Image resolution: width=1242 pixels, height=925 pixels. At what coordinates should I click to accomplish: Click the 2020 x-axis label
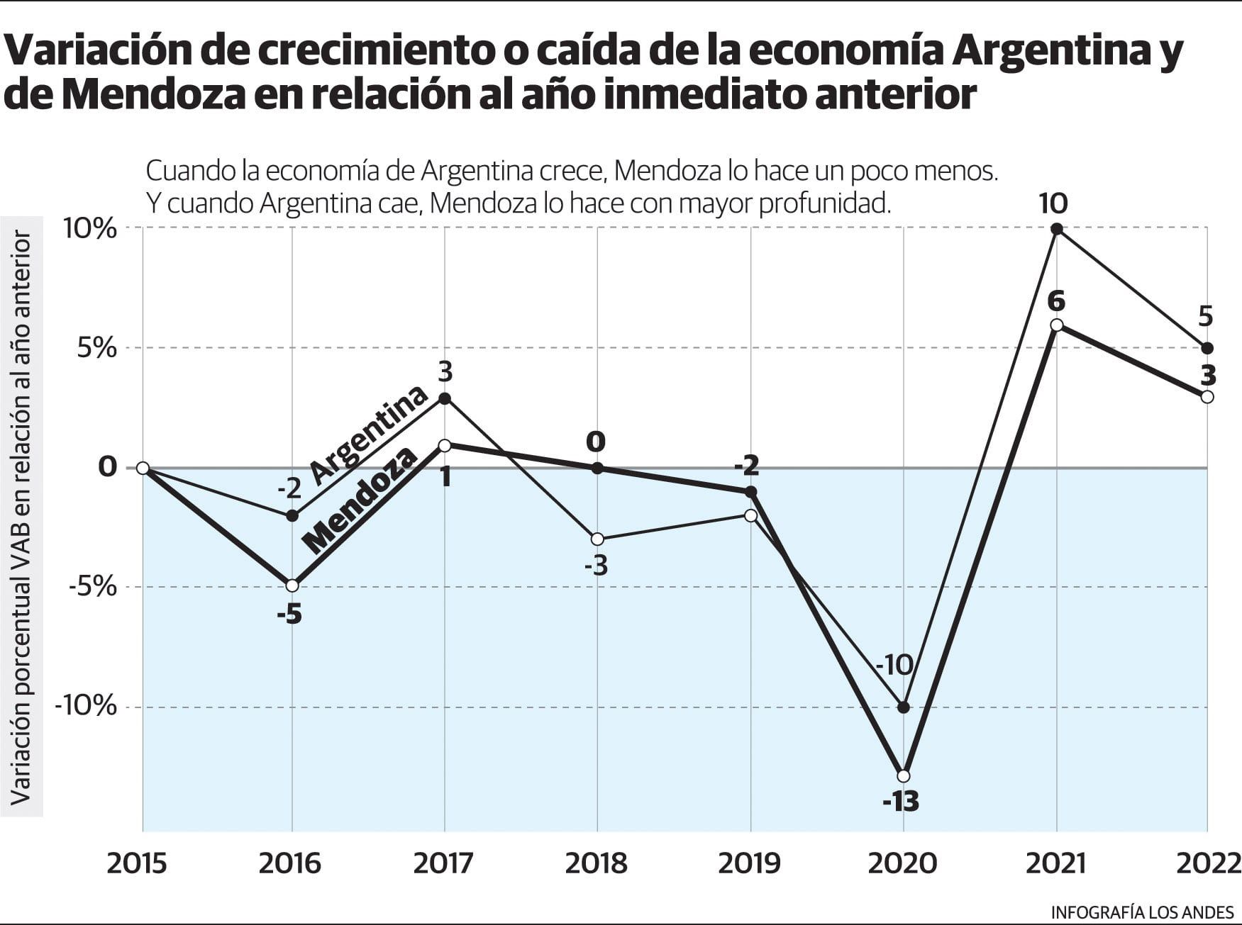pos(903,863)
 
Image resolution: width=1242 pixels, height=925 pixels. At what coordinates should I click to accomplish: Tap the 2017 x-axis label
pos(443,863)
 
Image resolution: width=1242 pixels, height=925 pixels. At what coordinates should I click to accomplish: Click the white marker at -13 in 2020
pos(903,776)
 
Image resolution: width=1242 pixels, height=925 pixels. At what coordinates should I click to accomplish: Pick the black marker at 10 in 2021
pos(1056,229)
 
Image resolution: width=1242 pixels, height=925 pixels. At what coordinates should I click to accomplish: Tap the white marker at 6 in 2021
pos(1056,325)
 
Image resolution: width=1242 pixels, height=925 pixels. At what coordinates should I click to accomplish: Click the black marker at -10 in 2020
pos(903,707)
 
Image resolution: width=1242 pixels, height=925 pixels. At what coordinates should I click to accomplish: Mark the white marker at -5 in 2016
pos(292,585)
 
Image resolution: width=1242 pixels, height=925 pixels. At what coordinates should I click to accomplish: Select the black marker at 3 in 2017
pos(445,398)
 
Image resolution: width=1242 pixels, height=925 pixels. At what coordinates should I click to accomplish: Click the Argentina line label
pos(369,435)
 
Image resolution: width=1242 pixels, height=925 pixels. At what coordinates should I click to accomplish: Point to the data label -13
pos(901,802)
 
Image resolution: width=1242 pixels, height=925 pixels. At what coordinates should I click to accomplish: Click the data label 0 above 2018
pos(596,442)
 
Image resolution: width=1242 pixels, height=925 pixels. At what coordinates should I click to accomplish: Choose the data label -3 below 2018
pos(596,566)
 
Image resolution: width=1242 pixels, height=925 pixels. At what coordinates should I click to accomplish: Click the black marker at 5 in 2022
pos(1207,348)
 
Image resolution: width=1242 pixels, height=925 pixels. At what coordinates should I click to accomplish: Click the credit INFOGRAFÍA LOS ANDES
pos(1142,912)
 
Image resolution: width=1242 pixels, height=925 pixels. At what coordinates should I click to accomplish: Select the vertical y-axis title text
pos(21,517)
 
